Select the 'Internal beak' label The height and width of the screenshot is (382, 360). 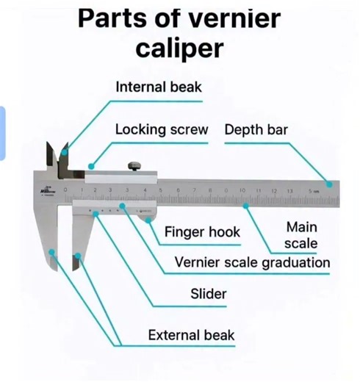[159, 87]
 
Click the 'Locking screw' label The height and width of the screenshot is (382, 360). [162, 129]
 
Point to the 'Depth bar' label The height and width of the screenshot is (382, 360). [256, 129]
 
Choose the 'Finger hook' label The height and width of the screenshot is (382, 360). [202, 232]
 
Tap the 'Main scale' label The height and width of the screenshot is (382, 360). [301, 234]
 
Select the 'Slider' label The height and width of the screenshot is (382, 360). [209, 294]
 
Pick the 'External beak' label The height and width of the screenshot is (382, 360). [191, 336]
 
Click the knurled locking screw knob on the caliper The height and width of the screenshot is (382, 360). [134, 166]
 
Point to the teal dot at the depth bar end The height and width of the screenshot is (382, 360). [330, 184]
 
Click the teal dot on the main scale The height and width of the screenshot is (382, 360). [245, 206]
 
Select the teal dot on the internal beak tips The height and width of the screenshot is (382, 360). [65, 153]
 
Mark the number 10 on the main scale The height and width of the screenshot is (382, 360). [242, 191]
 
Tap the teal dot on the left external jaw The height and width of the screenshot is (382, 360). [52, 252]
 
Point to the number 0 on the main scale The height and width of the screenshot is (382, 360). [66, 190]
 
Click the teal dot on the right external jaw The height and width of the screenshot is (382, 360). [78, 256]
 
